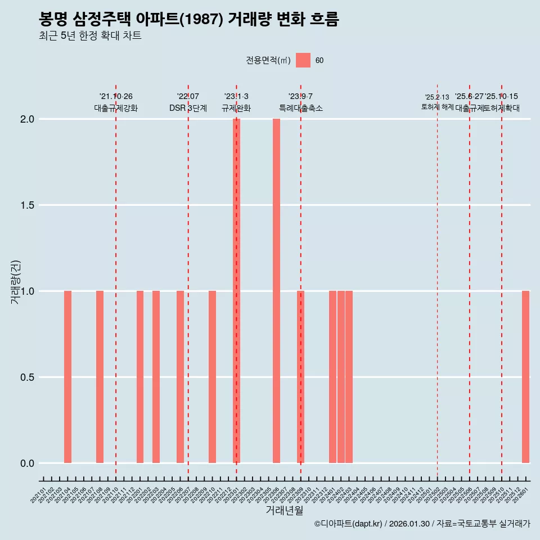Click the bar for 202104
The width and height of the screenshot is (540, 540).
[67, 377]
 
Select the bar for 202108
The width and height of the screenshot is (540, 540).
[100, 377]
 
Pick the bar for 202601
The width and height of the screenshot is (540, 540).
[525, 377]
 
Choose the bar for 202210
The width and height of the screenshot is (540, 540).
[212, 377]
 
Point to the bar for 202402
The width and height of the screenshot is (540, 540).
[341, 377]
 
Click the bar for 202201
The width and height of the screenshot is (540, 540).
[140, 377]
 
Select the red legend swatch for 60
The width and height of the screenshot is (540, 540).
[303, 60]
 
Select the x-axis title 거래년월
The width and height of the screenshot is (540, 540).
[284, 511]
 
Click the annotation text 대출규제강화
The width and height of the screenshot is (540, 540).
[116, 109]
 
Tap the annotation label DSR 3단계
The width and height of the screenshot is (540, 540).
[188, 109]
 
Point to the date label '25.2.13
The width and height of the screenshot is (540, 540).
[437, 97]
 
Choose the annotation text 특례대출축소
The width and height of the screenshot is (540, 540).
[301, 109]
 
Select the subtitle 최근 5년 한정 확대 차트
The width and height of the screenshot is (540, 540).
[90, 36]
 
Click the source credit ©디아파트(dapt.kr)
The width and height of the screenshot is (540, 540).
[349, 524]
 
